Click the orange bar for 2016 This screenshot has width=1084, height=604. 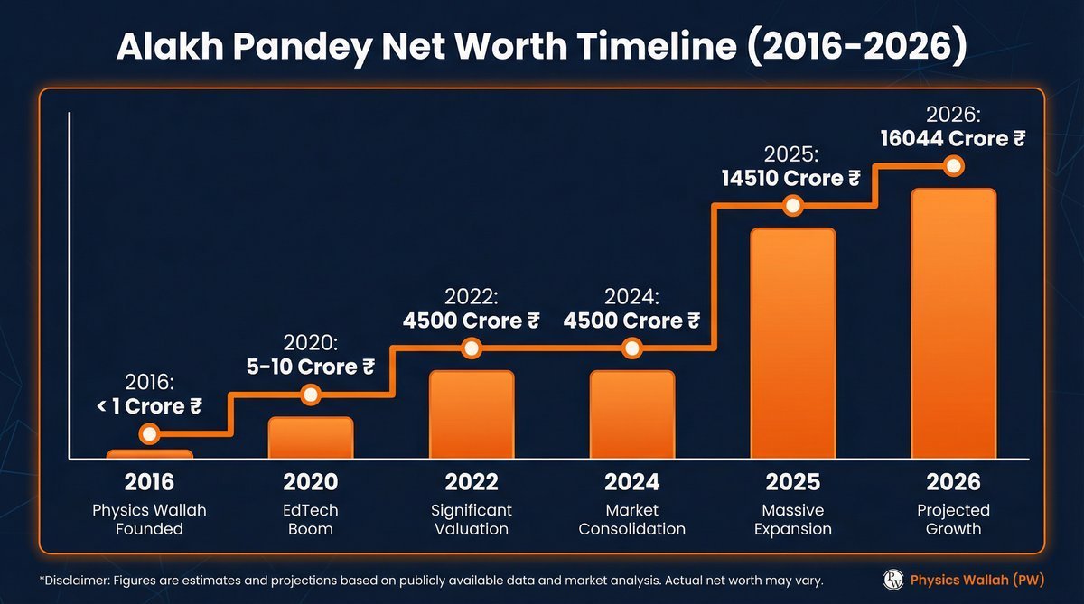point(150,454)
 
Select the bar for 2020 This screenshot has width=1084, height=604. point(310,438)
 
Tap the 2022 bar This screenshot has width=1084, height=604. point(471,414)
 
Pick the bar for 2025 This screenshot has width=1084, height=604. point(792,343)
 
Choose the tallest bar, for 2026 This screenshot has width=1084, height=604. point(953,323)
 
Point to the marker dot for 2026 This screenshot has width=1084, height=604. point(953,166)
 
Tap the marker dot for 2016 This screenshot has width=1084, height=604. point(150,433)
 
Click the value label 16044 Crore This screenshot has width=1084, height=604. point(953,139)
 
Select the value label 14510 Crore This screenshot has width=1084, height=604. point(791,179)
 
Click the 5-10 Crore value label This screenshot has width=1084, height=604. point(311,367)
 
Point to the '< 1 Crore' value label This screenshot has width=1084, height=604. point(149,406)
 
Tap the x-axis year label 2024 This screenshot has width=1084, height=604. point(631,482)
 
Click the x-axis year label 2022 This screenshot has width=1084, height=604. point(471,482)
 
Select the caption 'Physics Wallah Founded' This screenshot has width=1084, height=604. point(150,519)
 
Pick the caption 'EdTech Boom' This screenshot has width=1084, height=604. point(310,519)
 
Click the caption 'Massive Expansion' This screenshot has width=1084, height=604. point(792,519)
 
